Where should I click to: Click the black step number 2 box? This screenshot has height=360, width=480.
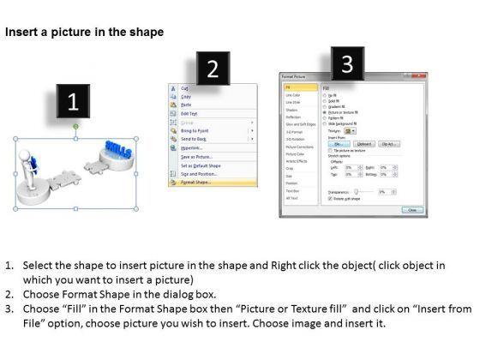[x=213, y=69]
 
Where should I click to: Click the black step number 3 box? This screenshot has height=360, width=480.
[x=347, y=63]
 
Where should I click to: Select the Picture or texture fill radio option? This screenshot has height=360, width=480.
[x=344, y=111]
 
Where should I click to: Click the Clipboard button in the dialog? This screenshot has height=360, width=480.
[x=365, y=144]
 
